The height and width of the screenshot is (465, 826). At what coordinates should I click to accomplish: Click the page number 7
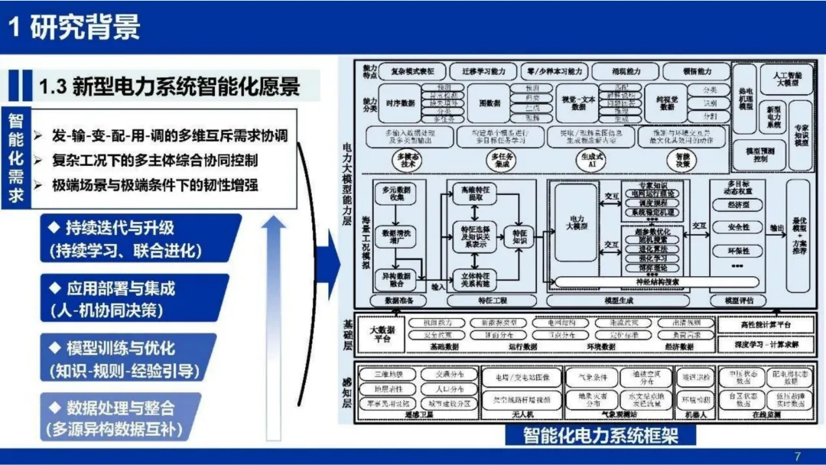coord(798,457)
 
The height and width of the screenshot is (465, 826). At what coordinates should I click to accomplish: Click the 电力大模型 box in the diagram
coord(574,223)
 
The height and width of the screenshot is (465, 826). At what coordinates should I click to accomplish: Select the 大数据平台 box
coord(382,334)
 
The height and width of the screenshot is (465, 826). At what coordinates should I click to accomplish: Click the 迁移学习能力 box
coord(478,71)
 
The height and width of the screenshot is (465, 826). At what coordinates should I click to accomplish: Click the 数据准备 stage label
coord(395,301)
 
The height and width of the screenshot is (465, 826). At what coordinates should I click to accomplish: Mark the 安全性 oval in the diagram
coord(737,227)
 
